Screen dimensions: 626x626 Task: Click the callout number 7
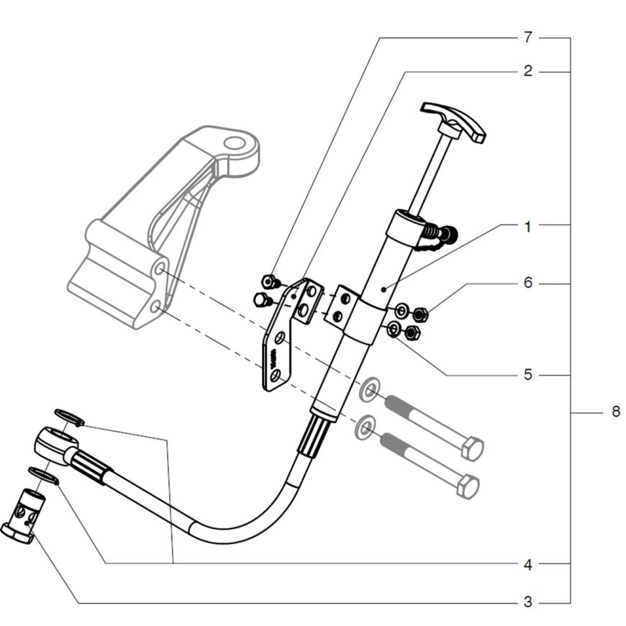click(528, 37)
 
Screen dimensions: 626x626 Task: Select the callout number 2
click(528, 71)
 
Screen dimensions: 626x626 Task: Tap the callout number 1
click(528, 227)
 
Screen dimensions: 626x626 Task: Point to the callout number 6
click(528, 283)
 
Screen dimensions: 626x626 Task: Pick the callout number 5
click(528, 375)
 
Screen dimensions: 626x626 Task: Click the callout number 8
click(616, 411)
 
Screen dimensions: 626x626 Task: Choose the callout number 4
click(528, 565)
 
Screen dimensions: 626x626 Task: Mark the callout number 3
click(528, 602)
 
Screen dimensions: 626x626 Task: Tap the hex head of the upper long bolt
click(472, 449)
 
